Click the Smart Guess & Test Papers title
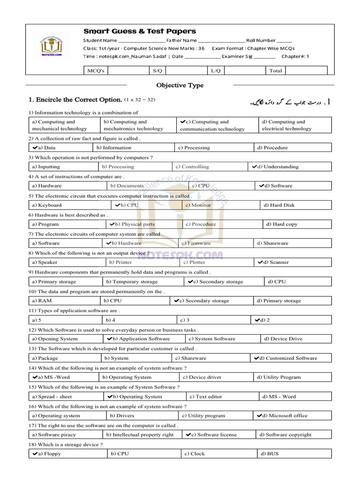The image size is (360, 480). tap(140, 31)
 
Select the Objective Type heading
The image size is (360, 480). tap(180, 85)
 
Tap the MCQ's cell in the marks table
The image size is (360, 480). tap(96, 70)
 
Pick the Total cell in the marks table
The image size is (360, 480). tap(275, 70)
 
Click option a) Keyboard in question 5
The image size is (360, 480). tap(47, 205)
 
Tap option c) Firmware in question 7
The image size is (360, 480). tap(196, 244)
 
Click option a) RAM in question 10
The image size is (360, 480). tap(42, 301)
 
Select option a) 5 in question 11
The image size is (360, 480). tap(37, 320)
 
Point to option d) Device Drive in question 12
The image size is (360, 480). tap(283, 339)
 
